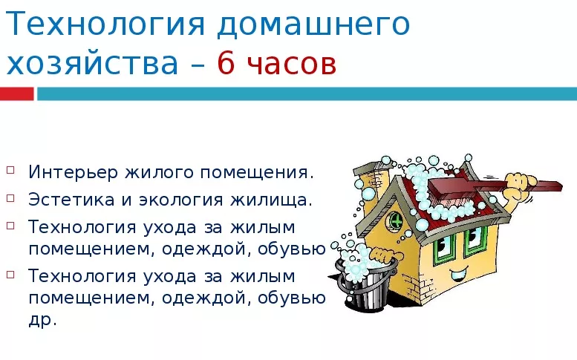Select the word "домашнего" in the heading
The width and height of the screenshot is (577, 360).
coord(314,27)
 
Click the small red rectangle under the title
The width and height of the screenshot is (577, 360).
coord(16,94)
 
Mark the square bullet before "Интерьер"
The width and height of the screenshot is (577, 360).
coord(10,169)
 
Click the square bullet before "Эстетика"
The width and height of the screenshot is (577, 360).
coord(10,196)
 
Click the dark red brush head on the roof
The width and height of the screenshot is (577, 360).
coord(445,189)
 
